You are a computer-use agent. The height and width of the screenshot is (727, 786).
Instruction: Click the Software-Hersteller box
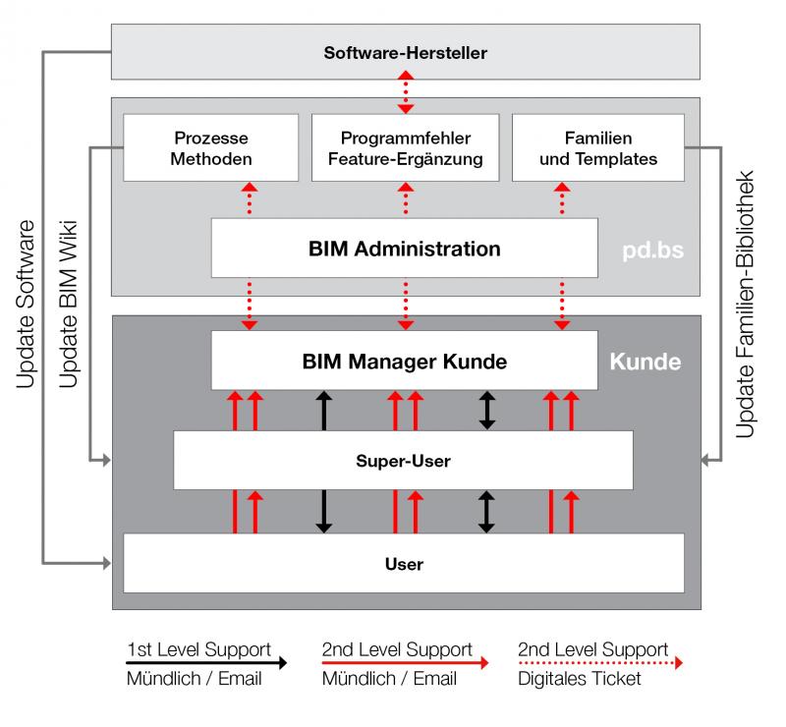(405, 51)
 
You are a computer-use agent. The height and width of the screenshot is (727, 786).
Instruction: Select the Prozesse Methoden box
(211, 147)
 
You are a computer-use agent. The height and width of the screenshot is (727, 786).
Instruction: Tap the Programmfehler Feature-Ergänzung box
(405, 147)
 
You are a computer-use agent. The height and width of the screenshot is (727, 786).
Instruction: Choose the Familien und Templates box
(597, 147)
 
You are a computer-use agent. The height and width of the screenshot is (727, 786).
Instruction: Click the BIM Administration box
(405, 248)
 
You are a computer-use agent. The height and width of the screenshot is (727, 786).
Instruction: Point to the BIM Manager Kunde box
(405, 361)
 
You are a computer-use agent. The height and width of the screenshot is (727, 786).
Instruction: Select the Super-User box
(403, 459)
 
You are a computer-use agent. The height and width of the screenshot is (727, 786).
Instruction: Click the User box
(403, 564)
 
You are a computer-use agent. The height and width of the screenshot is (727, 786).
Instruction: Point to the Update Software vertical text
(27, 305)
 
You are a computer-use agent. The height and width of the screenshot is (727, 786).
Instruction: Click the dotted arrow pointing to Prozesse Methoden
(250, 199)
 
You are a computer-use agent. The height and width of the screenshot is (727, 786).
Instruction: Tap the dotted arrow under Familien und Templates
(562, 199)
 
